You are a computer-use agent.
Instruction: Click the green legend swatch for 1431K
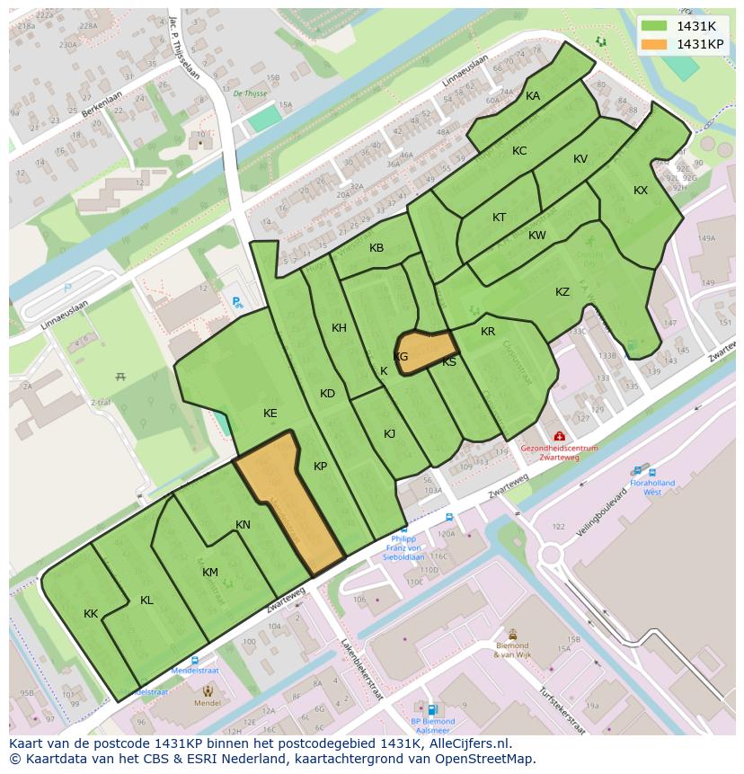(655, 26)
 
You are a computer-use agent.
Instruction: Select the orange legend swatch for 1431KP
(655, 44)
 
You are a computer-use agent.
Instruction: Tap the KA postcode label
(533, 96)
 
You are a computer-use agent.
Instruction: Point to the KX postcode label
(641, 191)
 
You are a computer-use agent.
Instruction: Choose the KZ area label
(562, 292)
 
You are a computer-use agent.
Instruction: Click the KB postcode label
(376, 248)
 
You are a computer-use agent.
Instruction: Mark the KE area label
(270, 414)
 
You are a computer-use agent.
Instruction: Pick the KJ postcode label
(390, 434)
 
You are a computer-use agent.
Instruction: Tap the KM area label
(210, 573)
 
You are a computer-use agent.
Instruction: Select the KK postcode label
(91, 614)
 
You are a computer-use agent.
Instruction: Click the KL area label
(146, 601)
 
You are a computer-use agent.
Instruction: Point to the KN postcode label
(243, 525)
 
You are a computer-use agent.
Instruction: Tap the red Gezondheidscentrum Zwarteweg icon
(559, 435)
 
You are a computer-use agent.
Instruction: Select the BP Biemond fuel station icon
(432, 708)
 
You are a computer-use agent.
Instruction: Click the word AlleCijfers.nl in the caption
(466, 744)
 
